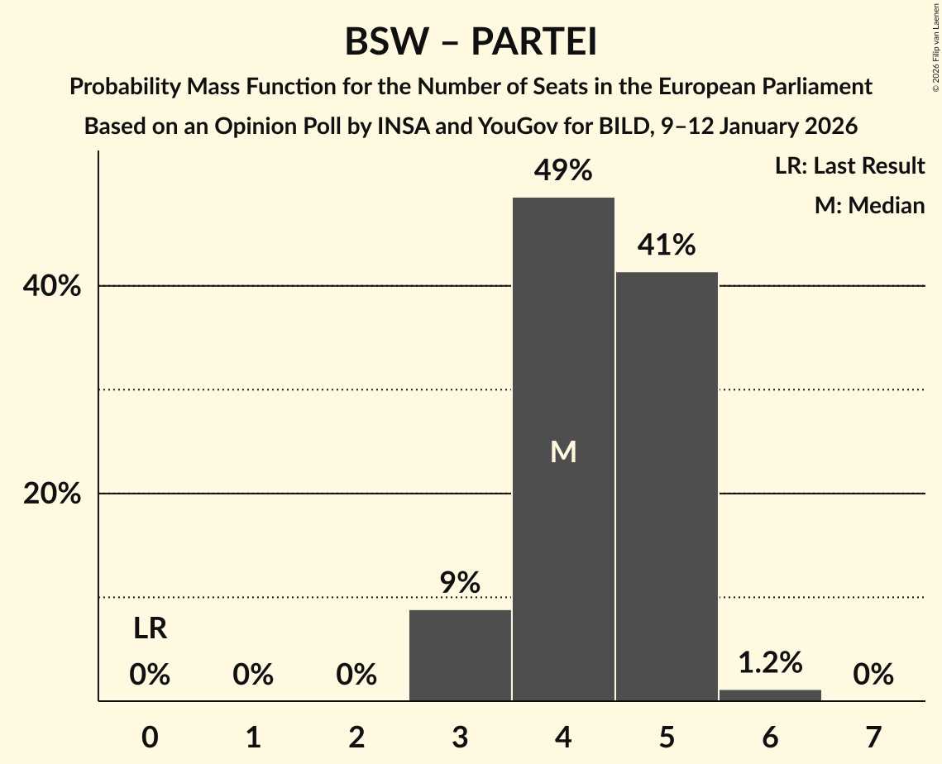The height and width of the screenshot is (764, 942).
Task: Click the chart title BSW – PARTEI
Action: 471,41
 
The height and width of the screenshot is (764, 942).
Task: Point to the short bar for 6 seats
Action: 770,695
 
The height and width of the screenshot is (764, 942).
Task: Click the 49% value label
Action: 563,171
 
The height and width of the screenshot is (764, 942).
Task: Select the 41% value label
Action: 667,246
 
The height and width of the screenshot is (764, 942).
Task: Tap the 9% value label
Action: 460,584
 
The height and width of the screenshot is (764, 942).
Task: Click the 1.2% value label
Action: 770,662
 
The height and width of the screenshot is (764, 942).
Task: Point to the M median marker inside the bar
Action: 563,451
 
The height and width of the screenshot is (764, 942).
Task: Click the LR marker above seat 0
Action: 150,629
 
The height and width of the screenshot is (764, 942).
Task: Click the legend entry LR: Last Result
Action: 849,166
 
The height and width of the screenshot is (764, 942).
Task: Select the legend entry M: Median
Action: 869,205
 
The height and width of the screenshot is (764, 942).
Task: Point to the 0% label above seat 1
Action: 253,676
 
